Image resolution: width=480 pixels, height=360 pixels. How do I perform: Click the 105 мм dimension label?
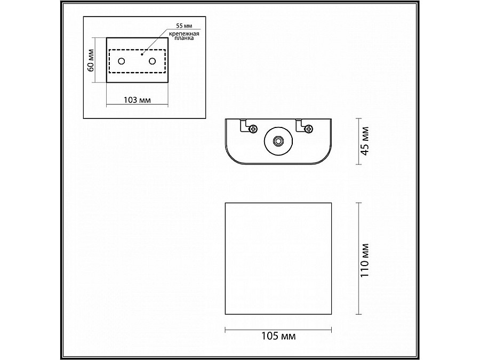278,336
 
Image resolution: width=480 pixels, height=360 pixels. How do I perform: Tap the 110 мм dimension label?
365,260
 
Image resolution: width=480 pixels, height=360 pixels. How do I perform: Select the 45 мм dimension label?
365,141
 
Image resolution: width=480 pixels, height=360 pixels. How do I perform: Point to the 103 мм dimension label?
137,100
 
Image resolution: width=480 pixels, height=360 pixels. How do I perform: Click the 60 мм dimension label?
91,60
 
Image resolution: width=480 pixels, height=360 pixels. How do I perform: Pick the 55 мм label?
183,26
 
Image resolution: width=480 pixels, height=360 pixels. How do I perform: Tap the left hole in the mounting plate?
122,61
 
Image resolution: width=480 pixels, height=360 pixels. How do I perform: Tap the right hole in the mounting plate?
152,61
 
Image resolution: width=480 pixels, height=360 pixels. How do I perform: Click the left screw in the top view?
253,129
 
